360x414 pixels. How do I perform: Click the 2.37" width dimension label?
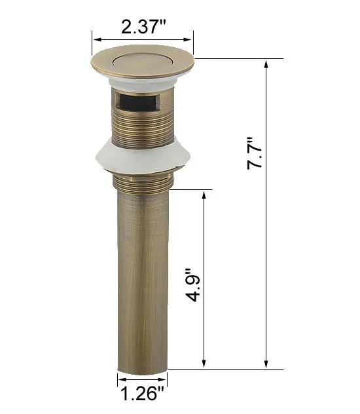pyautogui.click(x=143, y=26)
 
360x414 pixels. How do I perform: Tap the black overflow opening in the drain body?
pyautogui.click(x=137, y=102)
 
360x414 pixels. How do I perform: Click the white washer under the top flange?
pyautogui.click(x=143, y=84)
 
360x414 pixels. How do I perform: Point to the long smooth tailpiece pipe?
pyautogui.click(x=143, y=280)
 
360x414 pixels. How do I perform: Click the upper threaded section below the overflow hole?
pyautogui.click(x=143, y=129)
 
